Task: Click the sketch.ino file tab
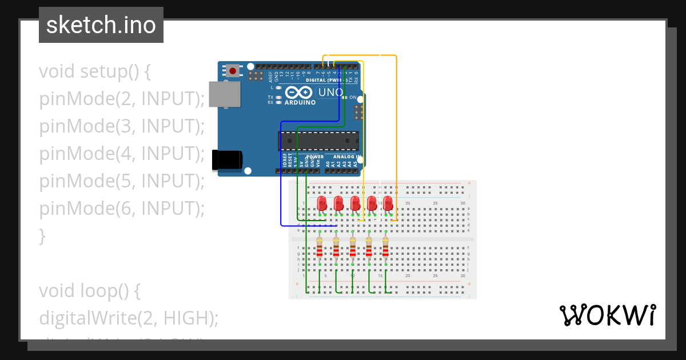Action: (x=101, y=25)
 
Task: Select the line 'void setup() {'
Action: (x=95, y=72)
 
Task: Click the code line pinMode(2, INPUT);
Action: (x=122, y=99)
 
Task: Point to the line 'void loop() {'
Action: (x=90, y=291)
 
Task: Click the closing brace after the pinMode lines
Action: (x=42, y=235)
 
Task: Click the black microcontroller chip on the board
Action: (x=318, y=141)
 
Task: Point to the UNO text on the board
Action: (x=330, y=92)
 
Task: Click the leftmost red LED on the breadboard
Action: (x=322, y=203)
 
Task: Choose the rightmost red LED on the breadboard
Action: (x=388, y=203)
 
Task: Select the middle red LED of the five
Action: (x=355, y=203)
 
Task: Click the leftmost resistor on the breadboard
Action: (x=320, y=249)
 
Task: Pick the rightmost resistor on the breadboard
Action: (x=386, y=249)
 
